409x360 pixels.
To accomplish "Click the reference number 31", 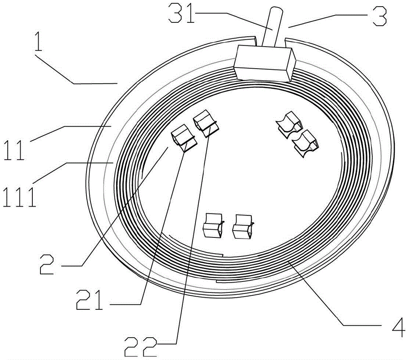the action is click(x=182, y=13).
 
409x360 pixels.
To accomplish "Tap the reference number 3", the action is click(x=379, y=16).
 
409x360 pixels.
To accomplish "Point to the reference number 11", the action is click(x=15, y=149).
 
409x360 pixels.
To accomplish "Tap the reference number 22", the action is click(x=141, y=347).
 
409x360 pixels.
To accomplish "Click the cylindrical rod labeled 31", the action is click(x=272, y=28).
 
